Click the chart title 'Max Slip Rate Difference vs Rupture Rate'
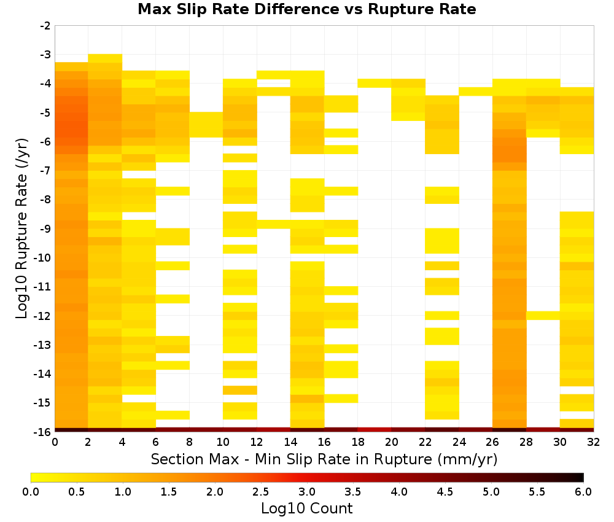[306, 9]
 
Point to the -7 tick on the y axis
[45, 170]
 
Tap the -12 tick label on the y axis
[43, 316]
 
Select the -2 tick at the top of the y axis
[45, 26]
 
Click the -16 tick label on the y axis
[43, 432]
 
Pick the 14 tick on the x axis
[290, 442]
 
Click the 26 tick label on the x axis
[492, 442]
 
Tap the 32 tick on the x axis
[593, 442]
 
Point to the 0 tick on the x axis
[55, 442]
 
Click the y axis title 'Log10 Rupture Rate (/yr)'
[21, 228]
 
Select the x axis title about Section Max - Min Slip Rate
[324, 459]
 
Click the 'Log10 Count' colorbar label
[306, 508]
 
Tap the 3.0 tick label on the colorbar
[306, 491]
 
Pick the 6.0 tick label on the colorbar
[583, 491]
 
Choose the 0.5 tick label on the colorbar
[76, 491]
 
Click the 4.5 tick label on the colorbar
[445, 491]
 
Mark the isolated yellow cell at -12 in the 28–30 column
[543, 316]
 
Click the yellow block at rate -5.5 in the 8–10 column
[206, 125]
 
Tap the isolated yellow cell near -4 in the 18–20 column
[375, 83]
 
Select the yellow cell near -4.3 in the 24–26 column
[475, 92]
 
